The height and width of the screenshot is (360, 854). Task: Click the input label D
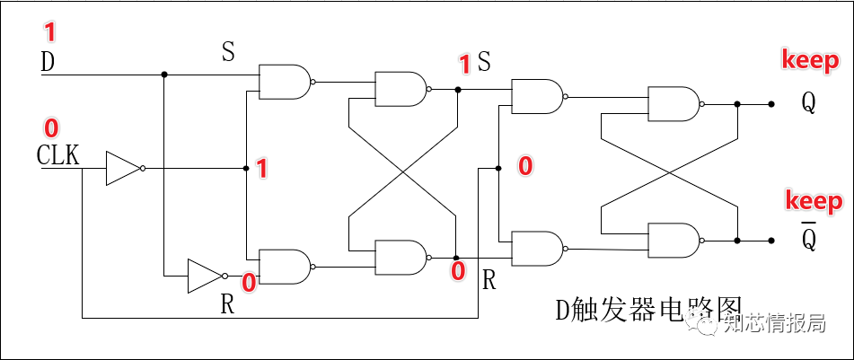click(x=48, y=63)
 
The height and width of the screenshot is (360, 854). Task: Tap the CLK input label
click(x=57, y=155)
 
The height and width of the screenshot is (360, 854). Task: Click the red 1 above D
click(x=49, y=33)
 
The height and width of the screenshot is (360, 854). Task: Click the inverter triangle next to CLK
click(x=123, y=168)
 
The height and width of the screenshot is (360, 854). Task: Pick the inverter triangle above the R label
click(x=204, y=276)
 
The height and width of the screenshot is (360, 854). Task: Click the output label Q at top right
click(x=809, y=103)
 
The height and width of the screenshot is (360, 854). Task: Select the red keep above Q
click(x=810, y=61)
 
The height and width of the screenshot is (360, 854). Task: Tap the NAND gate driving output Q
click(x=673, y=104)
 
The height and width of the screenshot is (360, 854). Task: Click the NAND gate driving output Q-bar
click(x=673, y=240)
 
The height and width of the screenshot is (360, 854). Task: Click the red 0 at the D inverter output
click(x=249, y=283)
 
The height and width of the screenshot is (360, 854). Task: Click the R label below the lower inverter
click(x=228, y=304)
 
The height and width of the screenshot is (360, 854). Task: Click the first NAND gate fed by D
click(x=284, y=82)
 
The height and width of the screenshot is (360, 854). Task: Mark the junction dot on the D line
click(x=164, y=75)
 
